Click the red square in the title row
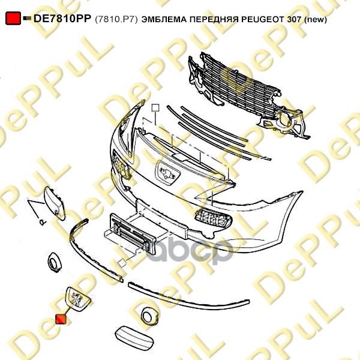(x=13, y=18)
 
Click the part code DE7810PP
(x=62, y=19)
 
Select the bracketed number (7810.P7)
(x=116, y=20)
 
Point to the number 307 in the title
(x=294, y=20)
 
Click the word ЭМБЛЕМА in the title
(x=164, y=20)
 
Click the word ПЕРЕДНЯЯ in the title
(x=214, y=20)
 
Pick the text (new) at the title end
(x=315, y=20)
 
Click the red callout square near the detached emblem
(x=61, y=319)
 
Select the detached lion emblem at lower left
(x=78, y=299)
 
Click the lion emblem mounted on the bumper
(x=167, y=173)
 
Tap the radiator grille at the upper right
(x=248, y=95)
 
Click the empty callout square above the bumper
(x=155, y=107)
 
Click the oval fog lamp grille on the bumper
(x=213, y=218)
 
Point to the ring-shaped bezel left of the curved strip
(x=55, y=262)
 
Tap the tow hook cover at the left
(x=55, y=203)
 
